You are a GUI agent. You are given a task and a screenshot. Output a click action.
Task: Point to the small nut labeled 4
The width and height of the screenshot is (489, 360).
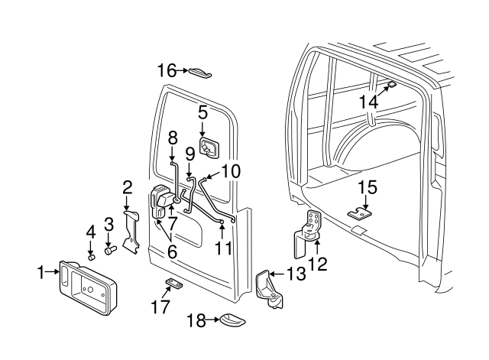tap(91, 257)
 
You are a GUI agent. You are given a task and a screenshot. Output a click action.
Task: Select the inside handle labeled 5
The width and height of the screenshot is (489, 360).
tap(209, 147)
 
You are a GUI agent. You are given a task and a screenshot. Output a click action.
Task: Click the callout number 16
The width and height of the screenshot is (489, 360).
tap(165, 71)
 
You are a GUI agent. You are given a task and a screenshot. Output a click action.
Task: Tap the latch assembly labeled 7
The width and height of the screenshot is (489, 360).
tap(164, 200)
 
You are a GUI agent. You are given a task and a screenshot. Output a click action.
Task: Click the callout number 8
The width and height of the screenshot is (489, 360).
tap(173, 139)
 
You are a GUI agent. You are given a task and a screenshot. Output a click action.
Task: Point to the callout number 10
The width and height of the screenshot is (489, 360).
tap(231, 170)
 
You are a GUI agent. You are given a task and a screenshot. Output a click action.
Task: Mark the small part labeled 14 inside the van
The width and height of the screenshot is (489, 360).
tap(390, 85)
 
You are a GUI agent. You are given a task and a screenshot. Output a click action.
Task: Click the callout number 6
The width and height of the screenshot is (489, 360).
tap(172, 251)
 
